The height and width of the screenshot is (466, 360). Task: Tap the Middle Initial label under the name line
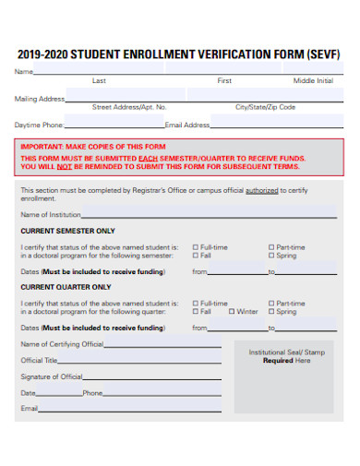(x=313, y=81)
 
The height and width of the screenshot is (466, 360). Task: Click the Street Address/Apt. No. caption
(x=129, y=107)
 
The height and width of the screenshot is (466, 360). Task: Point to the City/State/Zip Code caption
(x=265, y=107)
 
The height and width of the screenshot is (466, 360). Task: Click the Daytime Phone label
(x=40, y=124)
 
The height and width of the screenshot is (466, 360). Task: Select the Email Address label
(x=187, y=124)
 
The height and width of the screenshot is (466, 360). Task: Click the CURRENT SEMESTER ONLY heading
(x=68, y=231)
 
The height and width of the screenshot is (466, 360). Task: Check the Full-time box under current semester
(x=195, y=247)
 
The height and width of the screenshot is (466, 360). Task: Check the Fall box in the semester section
(x=195, y=256)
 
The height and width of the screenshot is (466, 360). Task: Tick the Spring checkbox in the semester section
(x=270, y=256)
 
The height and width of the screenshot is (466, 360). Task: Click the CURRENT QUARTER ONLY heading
(x=66, y=287)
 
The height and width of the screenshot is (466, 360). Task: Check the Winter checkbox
(x=231, y=312)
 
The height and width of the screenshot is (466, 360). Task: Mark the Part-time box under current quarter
(x=270, y=304)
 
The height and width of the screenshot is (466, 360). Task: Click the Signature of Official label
(x=52, y=376)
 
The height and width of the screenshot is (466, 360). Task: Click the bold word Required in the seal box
(x=278, y=361)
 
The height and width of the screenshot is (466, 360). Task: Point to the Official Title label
(x=40, y=361)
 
